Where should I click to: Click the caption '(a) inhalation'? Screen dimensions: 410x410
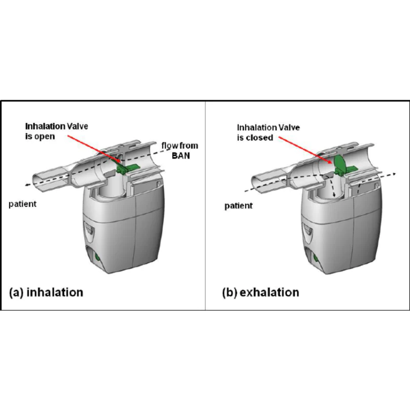(x=46, y=292)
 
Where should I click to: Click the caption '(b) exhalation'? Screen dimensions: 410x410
(x=260, y=292)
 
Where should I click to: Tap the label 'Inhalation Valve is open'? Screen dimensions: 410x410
(x=56, y=131)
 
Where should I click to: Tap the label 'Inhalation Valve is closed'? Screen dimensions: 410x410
(x=268, y=133)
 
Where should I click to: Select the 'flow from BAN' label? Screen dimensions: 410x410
(x=180, y=151)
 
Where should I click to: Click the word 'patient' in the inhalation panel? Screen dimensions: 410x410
(x=23, y=204)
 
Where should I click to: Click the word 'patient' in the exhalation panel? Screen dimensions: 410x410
(x=238, y=206)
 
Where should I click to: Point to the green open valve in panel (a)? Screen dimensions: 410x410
(x=128, y=168)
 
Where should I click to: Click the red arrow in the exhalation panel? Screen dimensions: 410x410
(x=305, y=150)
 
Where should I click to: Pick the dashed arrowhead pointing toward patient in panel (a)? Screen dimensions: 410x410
(x=27, y=185)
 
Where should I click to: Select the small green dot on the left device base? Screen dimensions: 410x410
(x=98, y=257)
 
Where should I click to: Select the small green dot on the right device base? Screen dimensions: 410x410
(x=315, y=259)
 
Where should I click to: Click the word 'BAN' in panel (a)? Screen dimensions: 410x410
(x=181, y=156)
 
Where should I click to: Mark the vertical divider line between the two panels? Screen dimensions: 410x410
(x=206, y=206)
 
